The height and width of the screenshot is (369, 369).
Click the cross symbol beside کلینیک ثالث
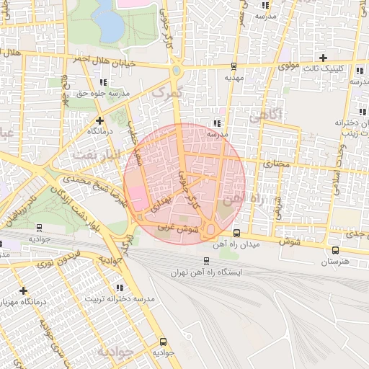click(323, 58)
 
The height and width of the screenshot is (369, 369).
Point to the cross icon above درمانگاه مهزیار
click(24, 291)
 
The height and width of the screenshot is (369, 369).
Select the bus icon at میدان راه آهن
click(236, 233)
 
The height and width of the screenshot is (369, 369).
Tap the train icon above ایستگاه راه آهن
click(206, 262)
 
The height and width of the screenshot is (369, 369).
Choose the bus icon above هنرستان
click(335, 251)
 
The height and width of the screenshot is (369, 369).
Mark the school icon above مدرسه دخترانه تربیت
click(120, 288)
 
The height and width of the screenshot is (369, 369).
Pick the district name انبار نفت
click(93, 151)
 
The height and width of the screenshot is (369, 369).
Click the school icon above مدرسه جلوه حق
click(103, 83)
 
